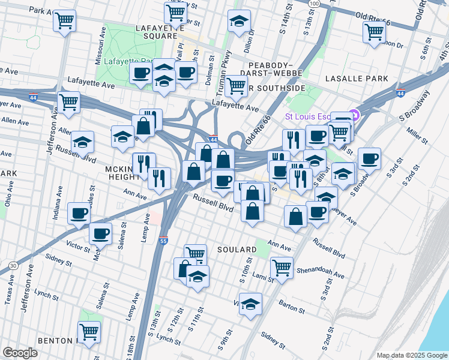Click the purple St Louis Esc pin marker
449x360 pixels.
[x=355, y=115]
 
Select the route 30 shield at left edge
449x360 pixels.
[x=13, y=265]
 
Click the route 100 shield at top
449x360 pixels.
[x=315, y=4]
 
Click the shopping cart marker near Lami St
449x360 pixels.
[x=282, y=267]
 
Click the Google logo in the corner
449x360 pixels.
[x=20, y=352]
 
